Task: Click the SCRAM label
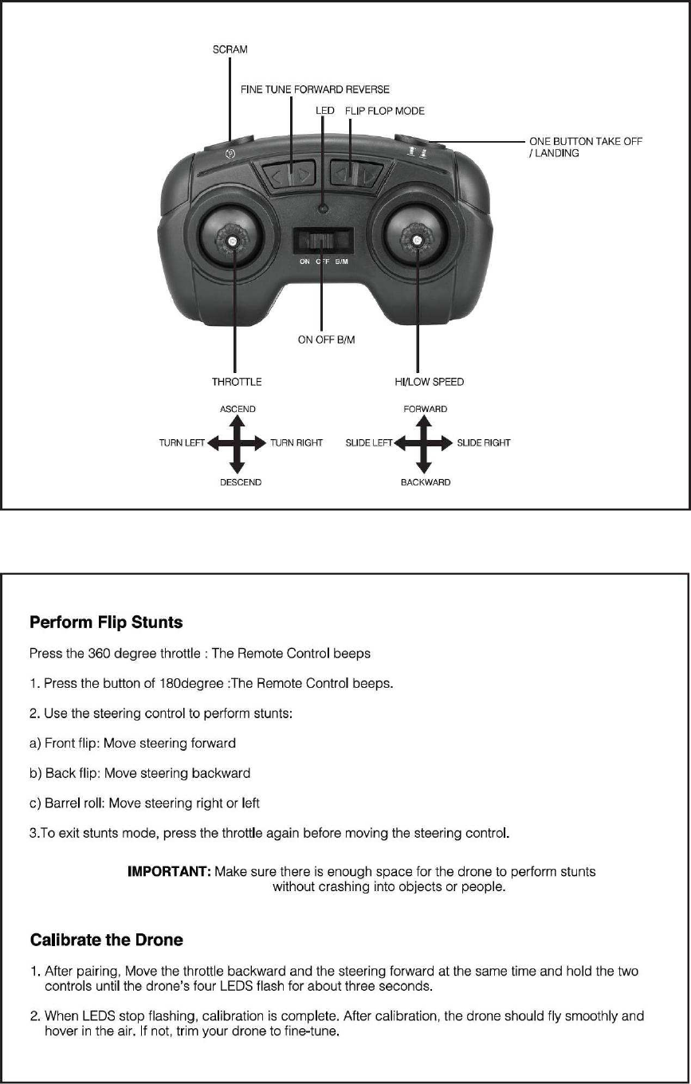pos(230,49)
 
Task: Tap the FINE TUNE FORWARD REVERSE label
pos(315,89)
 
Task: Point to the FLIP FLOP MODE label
pos(385,111)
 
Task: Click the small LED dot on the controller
pos(323,208)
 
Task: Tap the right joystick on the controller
pos(414,237)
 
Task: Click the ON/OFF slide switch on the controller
pos(323,241)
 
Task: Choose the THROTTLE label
pos(237,382)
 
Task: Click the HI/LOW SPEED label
pos(429,382)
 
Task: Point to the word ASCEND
pos(238,410)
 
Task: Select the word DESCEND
pos(241,482)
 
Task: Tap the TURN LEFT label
pos(183,442)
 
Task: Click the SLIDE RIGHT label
pos(484,442)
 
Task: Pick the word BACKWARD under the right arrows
pos(426,482)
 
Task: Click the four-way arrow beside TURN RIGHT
pos(237,443)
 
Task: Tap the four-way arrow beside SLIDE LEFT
pos(423,443)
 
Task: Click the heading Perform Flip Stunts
pos(106,622)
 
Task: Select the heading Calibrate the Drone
pos(106,940)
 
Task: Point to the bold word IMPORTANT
pos(169,872)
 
